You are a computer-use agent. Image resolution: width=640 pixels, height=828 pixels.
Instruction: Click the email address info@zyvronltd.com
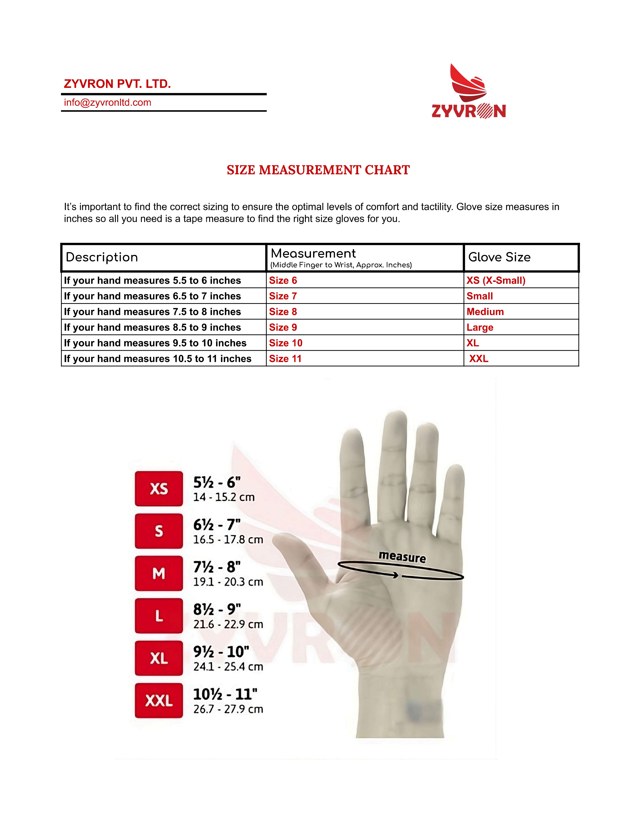click(x=107, y=103)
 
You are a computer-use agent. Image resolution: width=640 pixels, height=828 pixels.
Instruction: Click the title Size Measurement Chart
click(x=318, y=170)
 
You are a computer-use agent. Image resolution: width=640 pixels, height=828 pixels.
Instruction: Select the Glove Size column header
click(x=499, y=257)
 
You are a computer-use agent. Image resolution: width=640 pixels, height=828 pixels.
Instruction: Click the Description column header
click(x=102, y=257)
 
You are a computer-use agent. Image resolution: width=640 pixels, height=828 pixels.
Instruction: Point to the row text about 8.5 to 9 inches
click(x=152, y=327)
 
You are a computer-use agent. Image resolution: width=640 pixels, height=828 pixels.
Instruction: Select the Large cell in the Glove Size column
click(x=480, y=327)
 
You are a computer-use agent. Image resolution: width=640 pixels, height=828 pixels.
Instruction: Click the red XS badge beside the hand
click(x=159, y=489)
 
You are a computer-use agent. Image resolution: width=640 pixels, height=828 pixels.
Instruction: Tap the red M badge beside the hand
click(x=159, y=574)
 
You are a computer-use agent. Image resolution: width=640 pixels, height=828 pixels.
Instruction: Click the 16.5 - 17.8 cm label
click(x=228, y=539)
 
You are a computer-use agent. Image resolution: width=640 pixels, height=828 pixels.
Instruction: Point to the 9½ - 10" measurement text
click(x=221, y=652)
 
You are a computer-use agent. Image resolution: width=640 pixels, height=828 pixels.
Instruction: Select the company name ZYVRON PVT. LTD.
click(x=117, y=84)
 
